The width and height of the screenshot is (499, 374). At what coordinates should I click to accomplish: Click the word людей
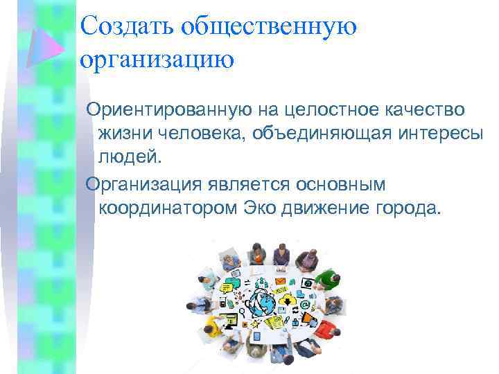(129, 157)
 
